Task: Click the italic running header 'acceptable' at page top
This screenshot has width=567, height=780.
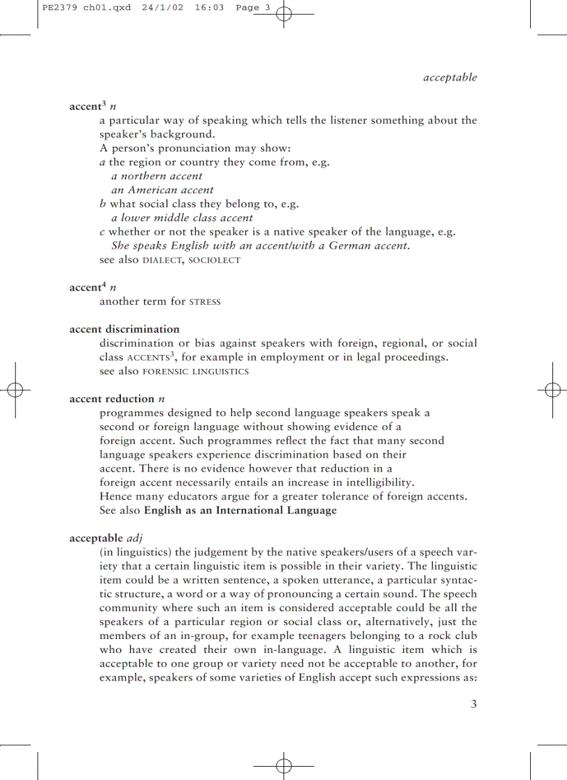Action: [x=450, y=78]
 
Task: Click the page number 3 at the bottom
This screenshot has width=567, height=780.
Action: [x=474, y=704]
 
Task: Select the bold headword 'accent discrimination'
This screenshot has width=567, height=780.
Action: [x=124, y=329]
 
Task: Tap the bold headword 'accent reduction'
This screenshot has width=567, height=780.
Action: [x=112, y=399]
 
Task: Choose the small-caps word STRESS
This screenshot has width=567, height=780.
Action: [x=205, y=302]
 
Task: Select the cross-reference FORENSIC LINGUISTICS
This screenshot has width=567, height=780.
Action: [x=195, y=372]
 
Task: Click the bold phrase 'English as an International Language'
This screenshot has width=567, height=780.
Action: [x=240, y=511]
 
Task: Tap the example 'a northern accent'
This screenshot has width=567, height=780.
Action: [x=157, y=176]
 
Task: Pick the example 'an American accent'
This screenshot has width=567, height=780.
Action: [x=163, y=190]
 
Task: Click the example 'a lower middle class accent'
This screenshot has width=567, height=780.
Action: [x=182, y=217]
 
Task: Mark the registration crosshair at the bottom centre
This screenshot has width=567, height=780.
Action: [x=283, y=766]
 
